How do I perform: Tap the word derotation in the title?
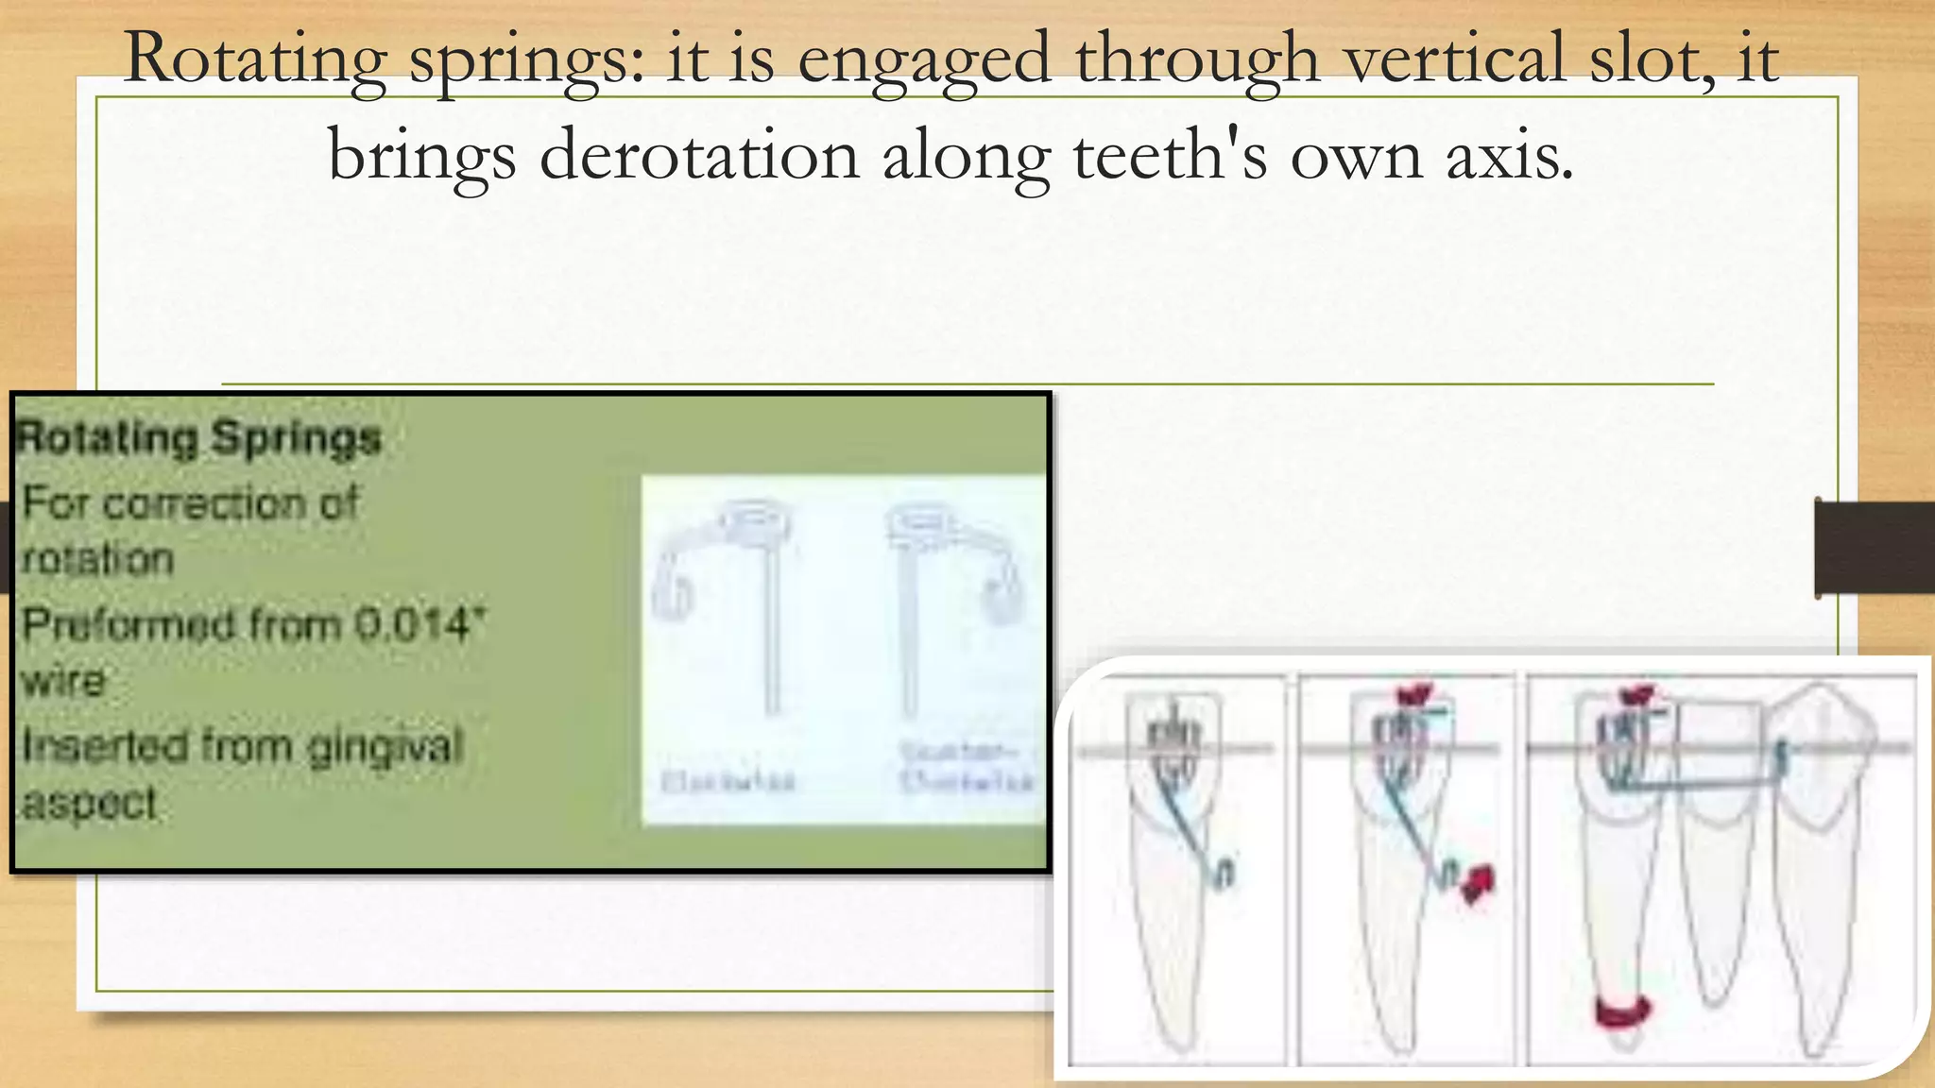click(699, 156)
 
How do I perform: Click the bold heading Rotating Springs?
click(199, 438)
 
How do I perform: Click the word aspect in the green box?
click(90, 804)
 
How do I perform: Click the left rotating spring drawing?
click(728, 604)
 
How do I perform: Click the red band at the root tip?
click(1622, 1011)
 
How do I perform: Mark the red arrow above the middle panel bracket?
click(1416, 695)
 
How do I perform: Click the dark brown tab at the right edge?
click(1875, 548)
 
